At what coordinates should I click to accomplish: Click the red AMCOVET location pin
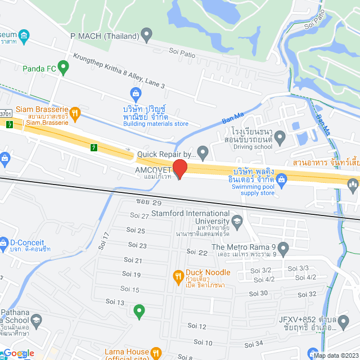coord(179,168)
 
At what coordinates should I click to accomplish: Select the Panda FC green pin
coord(63,69)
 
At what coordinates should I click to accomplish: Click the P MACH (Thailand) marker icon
coord(147,37)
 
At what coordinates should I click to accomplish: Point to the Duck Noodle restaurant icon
coord(178,276)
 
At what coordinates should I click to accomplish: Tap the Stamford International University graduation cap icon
coord(237,219)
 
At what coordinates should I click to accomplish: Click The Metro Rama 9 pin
coord(283,247)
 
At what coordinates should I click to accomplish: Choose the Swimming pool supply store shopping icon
coord(282,180)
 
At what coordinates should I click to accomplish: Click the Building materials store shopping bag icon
coord(135,92)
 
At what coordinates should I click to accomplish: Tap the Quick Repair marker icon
coord(203,152)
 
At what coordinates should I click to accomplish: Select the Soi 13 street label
coord(115,303)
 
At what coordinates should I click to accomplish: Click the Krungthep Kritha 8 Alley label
coord(119,70)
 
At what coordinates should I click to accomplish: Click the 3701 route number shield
coord(5,114)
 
